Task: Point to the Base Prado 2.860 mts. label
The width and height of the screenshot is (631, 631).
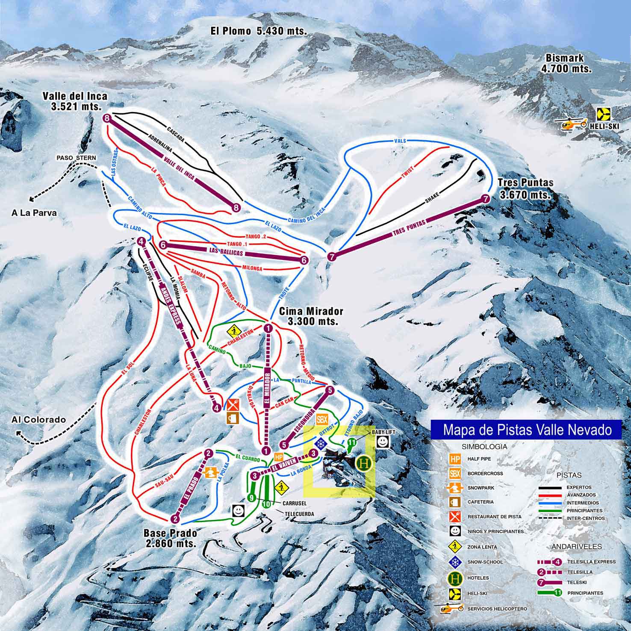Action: pyautogui.click(x=171, y=538)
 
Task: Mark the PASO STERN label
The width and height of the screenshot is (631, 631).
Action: pyautogui.click(x=76, y=158)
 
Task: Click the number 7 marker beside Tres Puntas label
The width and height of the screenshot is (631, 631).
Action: pyautogui.click(x=485, y=198)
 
